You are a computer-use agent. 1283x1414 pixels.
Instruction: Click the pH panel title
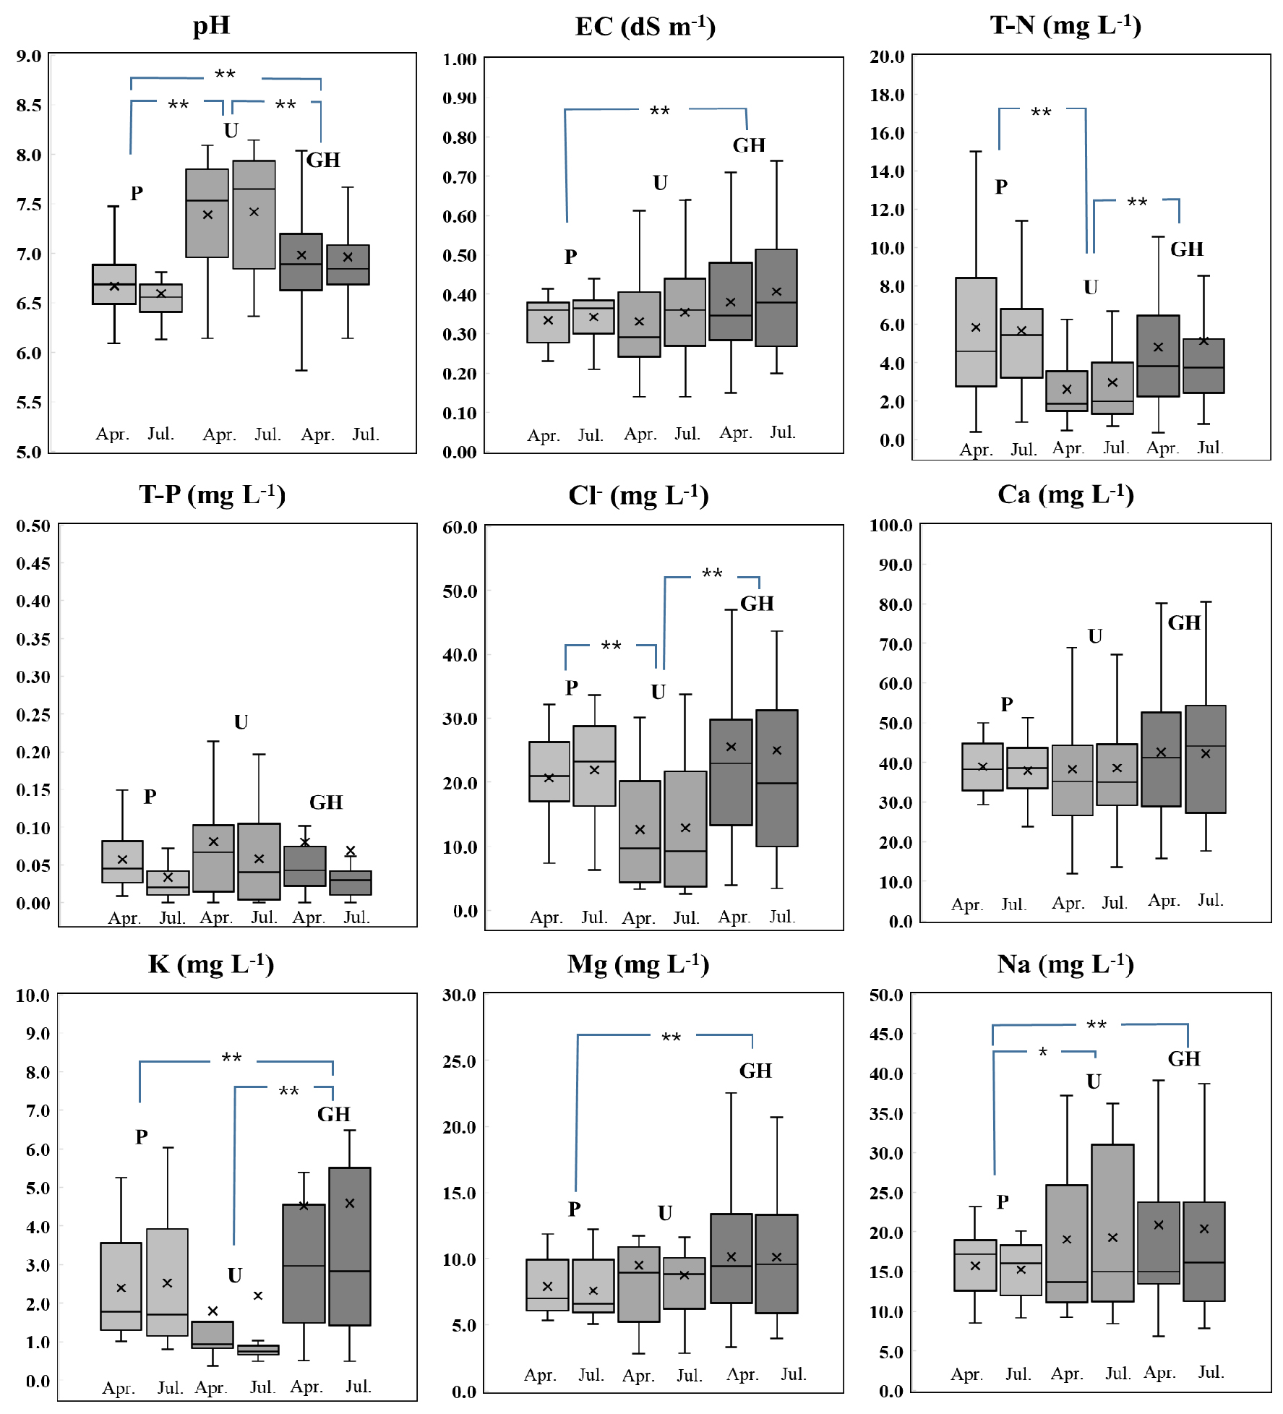click(211, 25)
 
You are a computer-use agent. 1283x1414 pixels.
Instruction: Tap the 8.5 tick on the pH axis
click(29, 106)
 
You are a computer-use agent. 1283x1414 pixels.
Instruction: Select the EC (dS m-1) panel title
click(645, 27)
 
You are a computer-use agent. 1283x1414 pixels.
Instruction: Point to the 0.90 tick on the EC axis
click(459, 98)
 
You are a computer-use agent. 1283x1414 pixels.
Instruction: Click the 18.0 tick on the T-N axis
click(887, 95)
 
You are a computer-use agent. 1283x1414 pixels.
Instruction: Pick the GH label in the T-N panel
click(1187, 249)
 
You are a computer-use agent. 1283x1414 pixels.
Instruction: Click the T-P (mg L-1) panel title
click(212, 494)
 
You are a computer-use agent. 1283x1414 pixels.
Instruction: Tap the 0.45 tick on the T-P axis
click(33, 563)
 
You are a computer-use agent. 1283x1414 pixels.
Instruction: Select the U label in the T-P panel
click(241, 722)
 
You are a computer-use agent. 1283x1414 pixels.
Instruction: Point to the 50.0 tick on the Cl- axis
click(460, 591)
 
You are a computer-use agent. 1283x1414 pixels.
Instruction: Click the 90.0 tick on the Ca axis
click(895, 565)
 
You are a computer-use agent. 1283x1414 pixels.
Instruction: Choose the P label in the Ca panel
click(1007, 704)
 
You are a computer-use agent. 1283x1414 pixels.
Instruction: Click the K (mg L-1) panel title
click(211, 964)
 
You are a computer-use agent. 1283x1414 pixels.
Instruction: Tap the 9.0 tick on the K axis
click(38, 1034)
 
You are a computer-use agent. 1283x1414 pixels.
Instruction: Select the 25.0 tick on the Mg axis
click(460, 1061)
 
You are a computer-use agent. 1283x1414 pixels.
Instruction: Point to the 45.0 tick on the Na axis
click(886, 1034)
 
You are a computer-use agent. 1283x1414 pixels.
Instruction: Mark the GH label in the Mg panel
click(755, 1071)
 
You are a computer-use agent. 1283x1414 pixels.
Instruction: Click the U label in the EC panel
click(660, 183)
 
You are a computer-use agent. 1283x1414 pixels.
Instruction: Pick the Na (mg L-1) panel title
click(1065, 964)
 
